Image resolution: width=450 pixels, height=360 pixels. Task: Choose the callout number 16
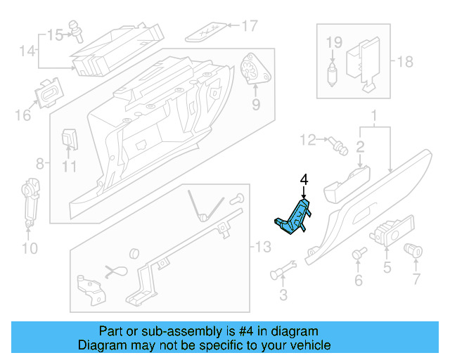[x=23, y=113]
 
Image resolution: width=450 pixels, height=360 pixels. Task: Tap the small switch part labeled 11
[x=70, y=138]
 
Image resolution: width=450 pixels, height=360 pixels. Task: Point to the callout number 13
[x=262, y=247]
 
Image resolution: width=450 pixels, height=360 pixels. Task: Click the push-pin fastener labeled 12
[x=338, y=145]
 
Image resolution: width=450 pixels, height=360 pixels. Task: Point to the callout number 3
[x=283, y=294]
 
